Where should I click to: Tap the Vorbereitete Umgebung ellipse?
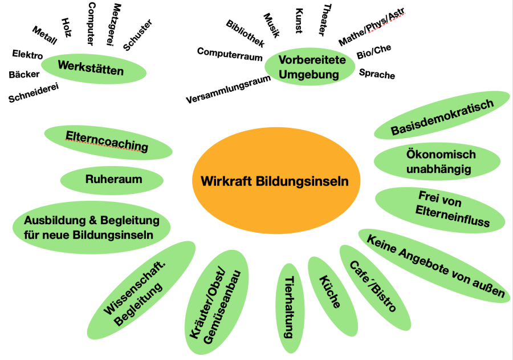(309, 67)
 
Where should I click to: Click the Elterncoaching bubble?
(108, 142)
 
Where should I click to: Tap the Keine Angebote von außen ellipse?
(435, 265)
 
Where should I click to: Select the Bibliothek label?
(245, 34)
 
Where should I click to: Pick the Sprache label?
(377, 74)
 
